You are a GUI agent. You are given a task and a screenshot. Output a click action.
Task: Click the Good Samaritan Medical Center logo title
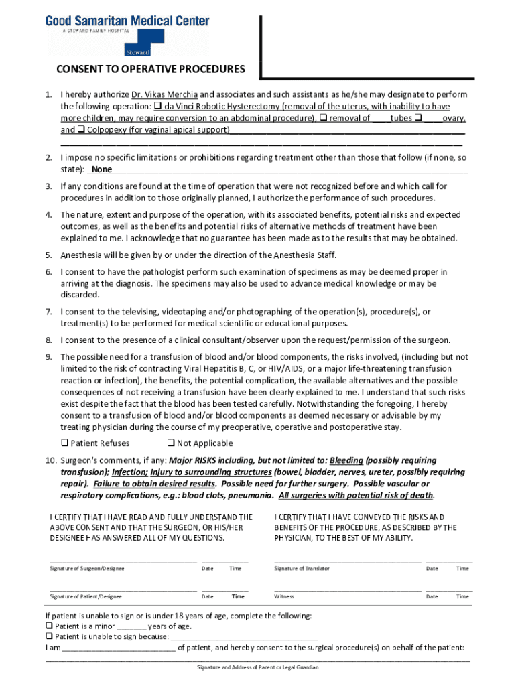[127, 21]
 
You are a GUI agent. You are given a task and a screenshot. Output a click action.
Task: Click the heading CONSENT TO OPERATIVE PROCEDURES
[150, 69]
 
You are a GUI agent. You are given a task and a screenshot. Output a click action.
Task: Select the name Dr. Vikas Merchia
[165, 94]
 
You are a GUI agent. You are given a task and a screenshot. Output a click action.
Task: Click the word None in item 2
[102, 169]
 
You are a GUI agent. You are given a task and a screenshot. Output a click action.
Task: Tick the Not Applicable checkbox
[171, 443]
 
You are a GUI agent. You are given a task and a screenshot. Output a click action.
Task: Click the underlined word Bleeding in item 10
[346, 461]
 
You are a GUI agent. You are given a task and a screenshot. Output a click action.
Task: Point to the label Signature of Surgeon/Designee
[86, 569]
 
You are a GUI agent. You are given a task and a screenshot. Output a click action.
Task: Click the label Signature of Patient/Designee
[86, 596]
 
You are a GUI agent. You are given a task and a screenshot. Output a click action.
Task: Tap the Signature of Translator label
[302, 569]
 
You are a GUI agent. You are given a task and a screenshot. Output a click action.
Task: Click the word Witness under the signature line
[284, 596]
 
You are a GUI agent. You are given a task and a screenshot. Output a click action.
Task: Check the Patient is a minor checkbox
[49, 627]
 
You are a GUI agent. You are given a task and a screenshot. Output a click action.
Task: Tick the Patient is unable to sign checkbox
[49, 637]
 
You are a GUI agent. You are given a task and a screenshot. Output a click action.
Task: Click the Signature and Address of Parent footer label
[257, 667]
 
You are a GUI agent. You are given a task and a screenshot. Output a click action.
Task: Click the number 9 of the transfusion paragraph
[49, 357]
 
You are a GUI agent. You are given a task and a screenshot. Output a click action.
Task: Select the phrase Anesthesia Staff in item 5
[304, 255]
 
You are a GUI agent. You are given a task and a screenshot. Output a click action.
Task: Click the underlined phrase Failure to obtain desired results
[155, 484]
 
